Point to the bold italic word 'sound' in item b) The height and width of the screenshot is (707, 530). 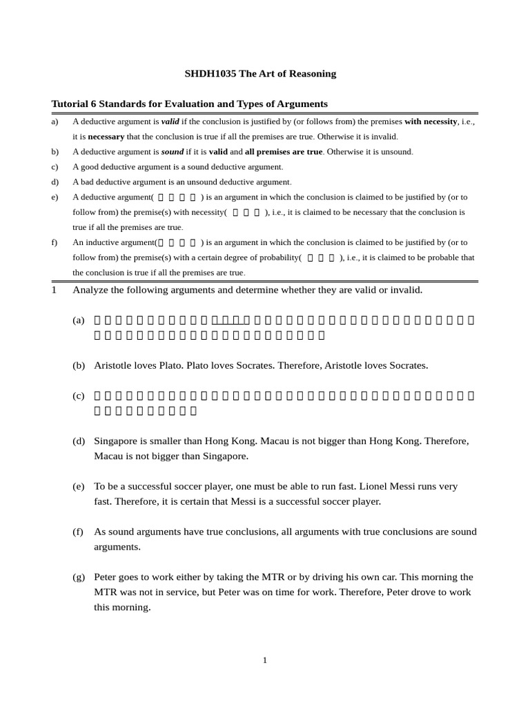(173, 152)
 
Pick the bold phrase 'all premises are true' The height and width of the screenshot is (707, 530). (284, 152)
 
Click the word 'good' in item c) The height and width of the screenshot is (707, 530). (90, 167)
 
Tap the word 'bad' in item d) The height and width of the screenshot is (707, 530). (88, 182)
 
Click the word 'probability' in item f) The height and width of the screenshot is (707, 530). (279, 258)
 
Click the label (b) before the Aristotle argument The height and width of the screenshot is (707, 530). (79, 365)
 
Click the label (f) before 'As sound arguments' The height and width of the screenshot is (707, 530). (78, 532)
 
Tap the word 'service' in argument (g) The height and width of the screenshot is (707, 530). (193, 592)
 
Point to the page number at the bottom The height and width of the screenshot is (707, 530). (264, 661)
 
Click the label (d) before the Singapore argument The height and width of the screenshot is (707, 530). (79, 440)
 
